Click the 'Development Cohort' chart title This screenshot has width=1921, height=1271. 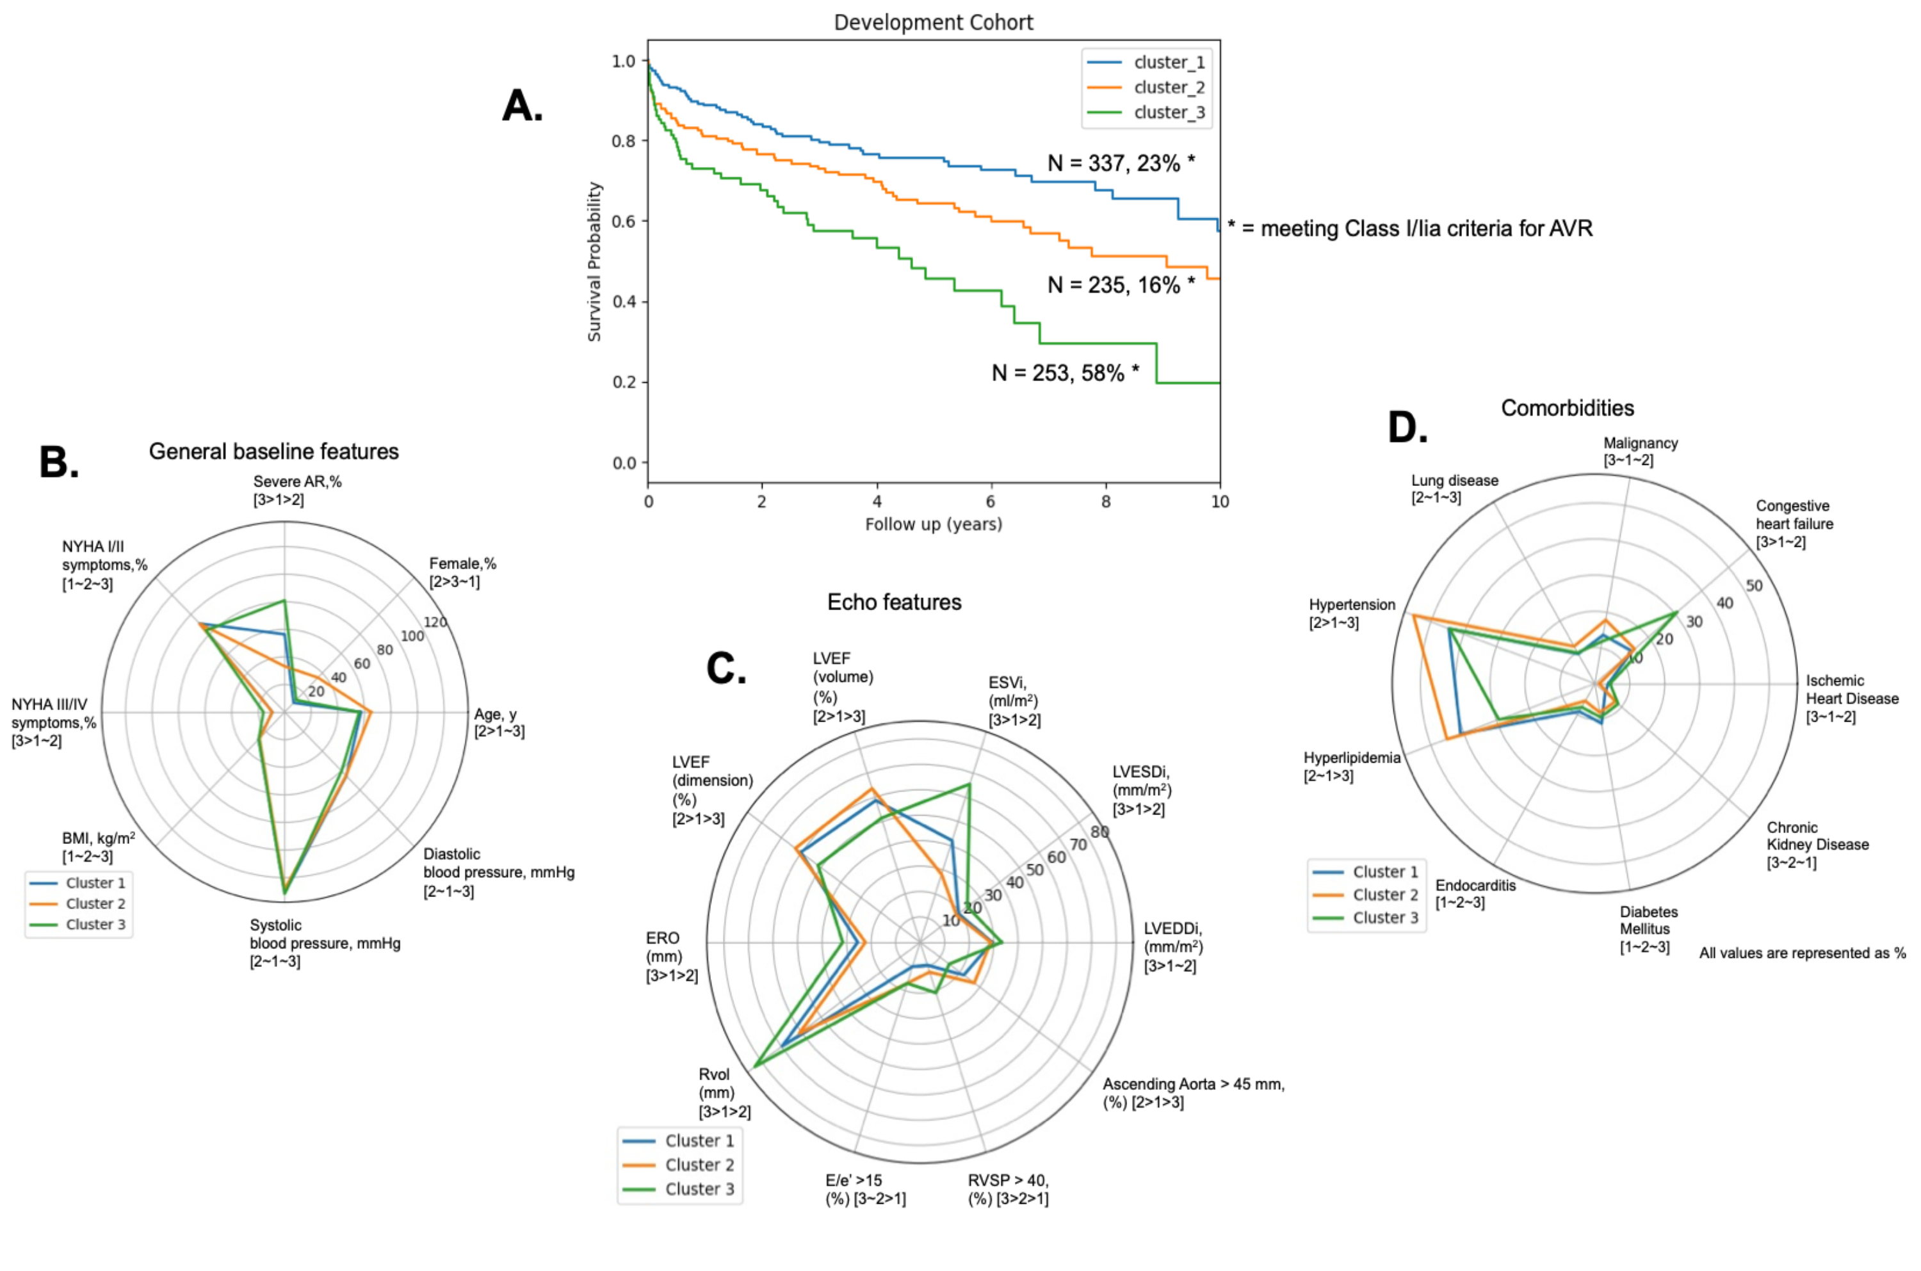(933, 22)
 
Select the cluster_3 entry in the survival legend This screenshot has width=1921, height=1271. (1168, 113)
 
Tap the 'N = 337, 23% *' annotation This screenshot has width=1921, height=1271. (1120, 164)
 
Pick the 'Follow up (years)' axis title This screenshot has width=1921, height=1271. (933, 524)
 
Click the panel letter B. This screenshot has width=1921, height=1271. (58, 463)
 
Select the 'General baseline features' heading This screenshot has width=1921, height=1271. (273, 451)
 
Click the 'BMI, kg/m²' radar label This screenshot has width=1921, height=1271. (98, 839)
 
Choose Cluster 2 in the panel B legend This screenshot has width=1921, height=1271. (95, 904)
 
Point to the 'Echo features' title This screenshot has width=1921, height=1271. (894, 603)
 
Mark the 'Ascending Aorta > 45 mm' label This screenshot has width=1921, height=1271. (1193, 1085)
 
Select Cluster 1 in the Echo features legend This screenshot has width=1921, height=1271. (699, 1140)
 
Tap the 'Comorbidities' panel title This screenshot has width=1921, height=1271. (1567, 408)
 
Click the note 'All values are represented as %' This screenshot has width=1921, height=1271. (1802, 953)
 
